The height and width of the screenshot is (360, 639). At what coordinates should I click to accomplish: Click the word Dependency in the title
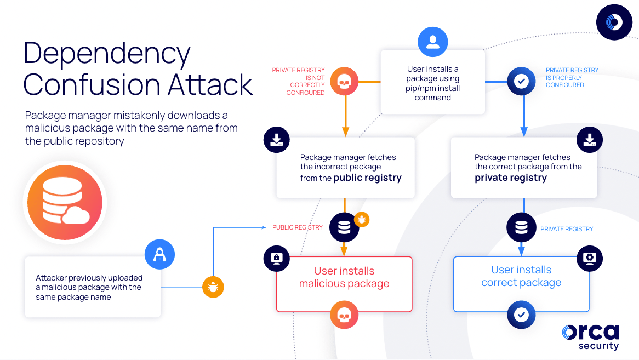(x=107, y=54)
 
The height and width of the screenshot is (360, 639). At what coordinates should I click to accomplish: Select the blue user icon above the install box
(x=432, y=42)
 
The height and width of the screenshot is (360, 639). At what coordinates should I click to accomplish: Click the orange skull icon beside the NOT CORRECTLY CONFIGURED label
(x=344, y=82)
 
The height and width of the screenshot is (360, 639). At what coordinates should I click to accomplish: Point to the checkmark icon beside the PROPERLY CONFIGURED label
(x=521, y=82)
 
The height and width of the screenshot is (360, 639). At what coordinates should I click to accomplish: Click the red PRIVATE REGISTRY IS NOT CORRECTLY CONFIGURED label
(x=299, y=82)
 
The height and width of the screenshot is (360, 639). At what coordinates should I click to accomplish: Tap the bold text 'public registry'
(x=367, y=178)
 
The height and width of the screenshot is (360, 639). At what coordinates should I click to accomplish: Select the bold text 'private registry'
(x=510, y=178)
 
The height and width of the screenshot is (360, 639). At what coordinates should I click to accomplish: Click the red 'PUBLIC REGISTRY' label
(x=298, y=227)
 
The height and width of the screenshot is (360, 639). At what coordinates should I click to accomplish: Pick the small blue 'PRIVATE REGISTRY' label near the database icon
(x=567, y=229)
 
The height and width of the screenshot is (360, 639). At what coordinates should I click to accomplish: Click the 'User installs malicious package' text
(x=344, y=277)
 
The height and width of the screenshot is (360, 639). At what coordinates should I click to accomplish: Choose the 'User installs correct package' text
(x=521, y=276)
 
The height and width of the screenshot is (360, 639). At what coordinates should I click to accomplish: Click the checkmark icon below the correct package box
(x=521, y=315)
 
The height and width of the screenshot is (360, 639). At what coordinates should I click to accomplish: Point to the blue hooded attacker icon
(x=159, y=254)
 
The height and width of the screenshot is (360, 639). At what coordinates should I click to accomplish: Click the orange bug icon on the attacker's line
(x=213, y=287)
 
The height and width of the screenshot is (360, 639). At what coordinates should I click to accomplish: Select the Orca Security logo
(x=590, y=336)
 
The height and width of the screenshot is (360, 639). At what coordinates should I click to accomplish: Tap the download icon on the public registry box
(x=277, y=141)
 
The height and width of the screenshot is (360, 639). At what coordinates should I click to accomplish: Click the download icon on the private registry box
(x=589, y=141)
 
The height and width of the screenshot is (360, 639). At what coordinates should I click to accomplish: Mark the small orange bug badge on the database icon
(x=362, y=220)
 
